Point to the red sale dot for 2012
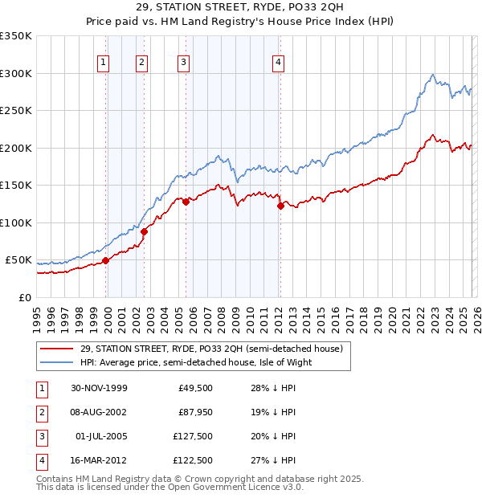(x=280, y=206)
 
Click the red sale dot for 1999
(x=105, y=260)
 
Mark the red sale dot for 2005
(x=186, y=202)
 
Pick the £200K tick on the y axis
(x=16, y=148)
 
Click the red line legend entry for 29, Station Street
(x=212, y=349)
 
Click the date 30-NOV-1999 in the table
(x=99, y=388)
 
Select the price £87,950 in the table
(x=194, y=411)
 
